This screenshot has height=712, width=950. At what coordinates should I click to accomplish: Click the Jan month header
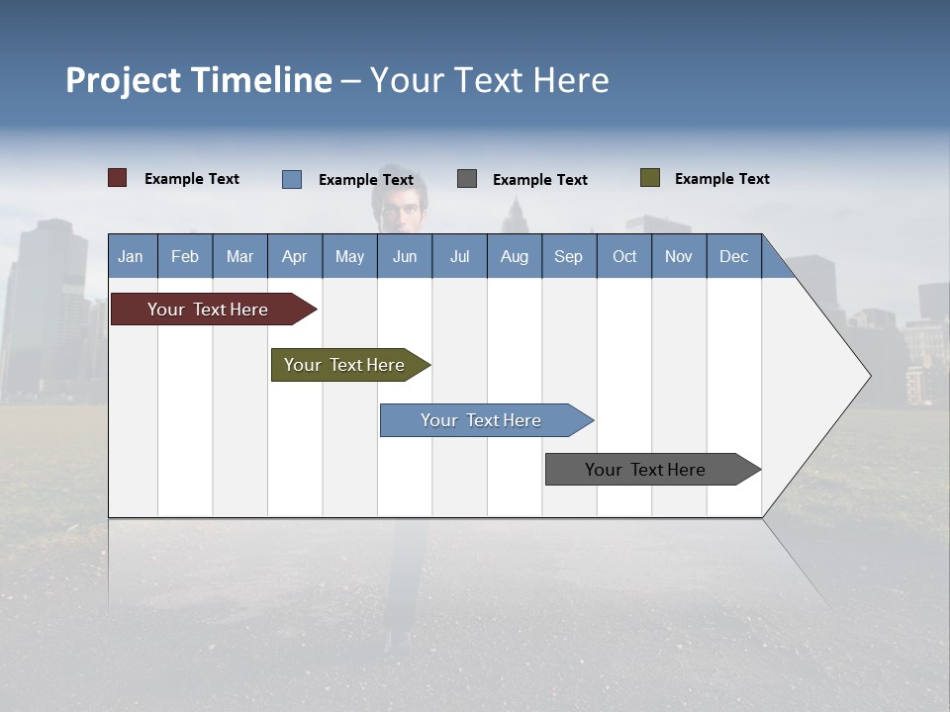(x=132, y=256)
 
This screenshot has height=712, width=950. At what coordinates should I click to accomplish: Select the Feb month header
(x=185, y=256)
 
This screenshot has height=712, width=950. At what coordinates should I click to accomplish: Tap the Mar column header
(x=239, y=256)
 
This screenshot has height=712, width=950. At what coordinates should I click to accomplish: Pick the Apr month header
(x=294, y=256)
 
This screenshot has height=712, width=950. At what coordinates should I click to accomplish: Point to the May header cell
(x=349, y=256)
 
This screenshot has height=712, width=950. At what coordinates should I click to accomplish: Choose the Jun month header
(x=405, y=256)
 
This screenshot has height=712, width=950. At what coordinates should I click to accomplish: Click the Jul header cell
(x=459, y=256)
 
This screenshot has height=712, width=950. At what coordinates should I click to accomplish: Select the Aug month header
(x=515, y=256)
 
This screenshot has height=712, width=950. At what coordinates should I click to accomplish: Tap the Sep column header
(x=569, y=256)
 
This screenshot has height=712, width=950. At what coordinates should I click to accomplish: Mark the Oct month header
(x=624, y=256)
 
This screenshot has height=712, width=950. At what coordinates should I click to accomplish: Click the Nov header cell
(x=679, y=256)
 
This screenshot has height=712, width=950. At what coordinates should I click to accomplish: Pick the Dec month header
(x=734, y=256)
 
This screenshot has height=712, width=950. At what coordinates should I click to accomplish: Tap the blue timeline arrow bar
(x=482, y=420)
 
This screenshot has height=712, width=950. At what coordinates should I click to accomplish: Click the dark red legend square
(x=118, y=178)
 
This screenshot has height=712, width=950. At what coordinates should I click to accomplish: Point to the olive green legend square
(x=650, y=178)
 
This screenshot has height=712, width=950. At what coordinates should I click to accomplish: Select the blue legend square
(x=292, y=179)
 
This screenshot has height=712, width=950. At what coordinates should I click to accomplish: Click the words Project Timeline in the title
(x=199, y=80)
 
